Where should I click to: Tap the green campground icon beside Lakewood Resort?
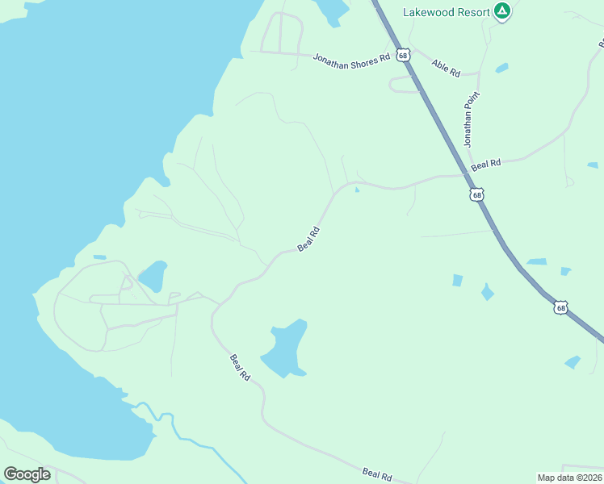(x=502, y=10)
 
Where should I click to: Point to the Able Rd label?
(x=446, y=68)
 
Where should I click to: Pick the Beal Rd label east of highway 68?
(x=486, y=164)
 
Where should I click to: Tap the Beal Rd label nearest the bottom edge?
(x=377, y=474)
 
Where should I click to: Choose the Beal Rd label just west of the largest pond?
(x=241, y=369)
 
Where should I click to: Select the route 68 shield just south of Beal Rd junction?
(x=477, y=194)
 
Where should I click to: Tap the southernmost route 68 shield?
(x=561, y=307)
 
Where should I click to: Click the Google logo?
(x=27, y=474)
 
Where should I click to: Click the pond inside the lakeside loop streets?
(x=153, y=276)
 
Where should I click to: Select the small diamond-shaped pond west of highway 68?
(x=487, y=292)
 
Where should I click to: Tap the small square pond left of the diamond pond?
(x=458, y=280)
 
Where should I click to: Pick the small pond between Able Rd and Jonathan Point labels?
(x=501, y=68)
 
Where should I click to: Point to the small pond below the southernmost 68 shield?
(x=573, y=362)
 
